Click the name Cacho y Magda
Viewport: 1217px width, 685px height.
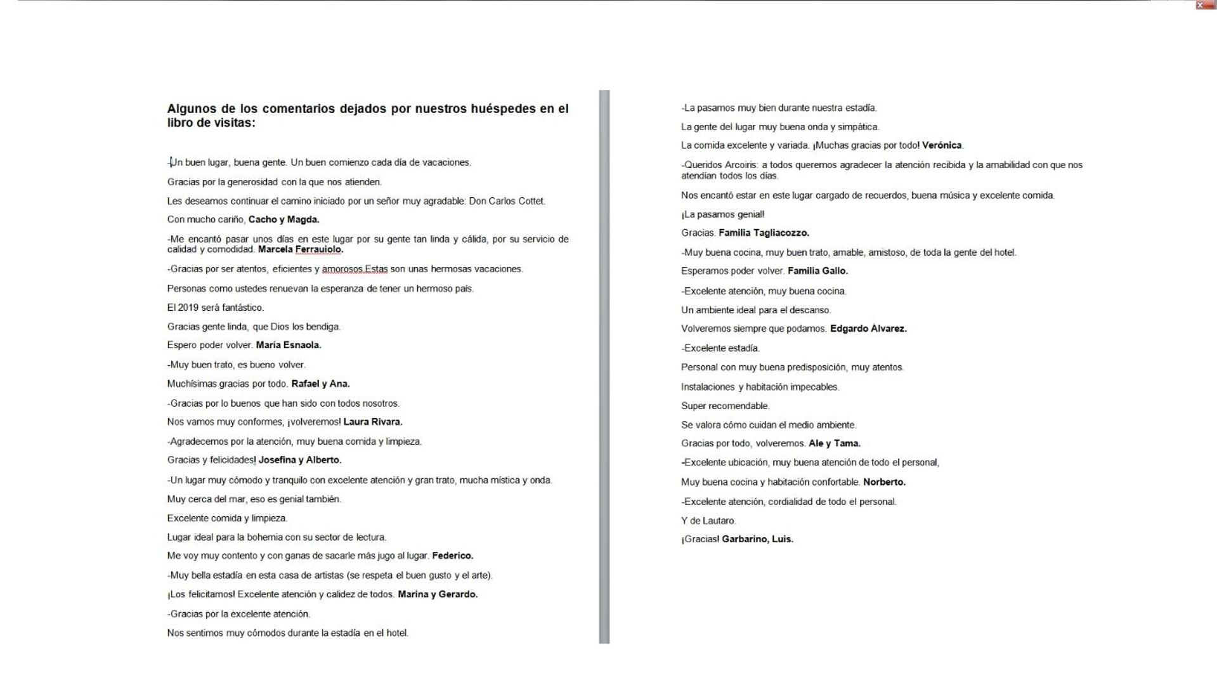tap(283, 219)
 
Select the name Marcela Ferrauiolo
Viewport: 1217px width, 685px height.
tap(300, 249)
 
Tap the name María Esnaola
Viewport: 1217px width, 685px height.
tap(289, 345)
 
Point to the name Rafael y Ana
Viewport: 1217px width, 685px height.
tap(320, 384)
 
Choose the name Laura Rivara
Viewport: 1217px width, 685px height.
tap(372, 422)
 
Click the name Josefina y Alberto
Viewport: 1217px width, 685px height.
tap(299, 460)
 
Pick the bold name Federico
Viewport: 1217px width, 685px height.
tap(452, 556)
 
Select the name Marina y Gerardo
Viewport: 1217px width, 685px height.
tap(438, 594)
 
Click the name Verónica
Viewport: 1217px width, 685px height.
tap(942, 145)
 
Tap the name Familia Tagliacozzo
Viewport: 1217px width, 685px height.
tap(764, 233)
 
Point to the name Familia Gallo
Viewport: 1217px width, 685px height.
tap(817, 271)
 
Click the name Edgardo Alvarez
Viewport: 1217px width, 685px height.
tap(868, 329)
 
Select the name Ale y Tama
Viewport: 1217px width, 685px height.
tap(834, 443)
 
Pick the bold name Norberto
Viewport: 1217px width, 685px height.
tap(884, 482)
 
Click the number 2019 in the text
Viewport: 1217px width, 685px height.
tap(188, 308)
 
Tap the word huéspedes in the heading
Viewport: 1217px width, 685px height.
tap(503, 108)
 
